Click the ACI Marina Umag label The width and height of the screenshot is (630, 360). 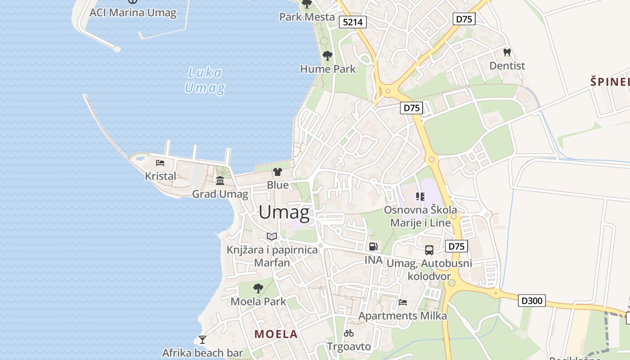coord(133,12)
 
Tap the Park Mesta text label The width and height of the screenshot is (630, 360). coord(307,17)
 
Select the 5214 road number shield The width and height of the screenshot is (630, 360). coord(353,22)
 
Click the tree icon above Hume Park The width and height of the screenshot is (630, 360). coord(328,56)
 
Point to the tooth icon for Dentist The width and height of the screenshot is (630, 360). coord(507,53)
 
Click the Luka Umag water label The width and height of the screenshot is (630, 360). coord(205,80)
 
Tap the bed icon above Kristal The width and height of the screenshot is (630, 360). coord(160,163)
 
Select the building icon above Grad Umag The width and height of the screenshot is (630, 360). coord(220,181)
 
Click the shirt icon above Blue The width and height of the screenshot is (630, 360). coord(278,172)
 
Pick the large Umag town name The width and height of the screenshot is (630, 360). coord(284,212)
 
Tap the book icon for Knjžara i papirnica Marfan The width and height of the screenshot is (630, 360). coord(271,236)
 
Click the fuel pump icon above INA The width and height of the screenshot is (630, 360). coord(373,247)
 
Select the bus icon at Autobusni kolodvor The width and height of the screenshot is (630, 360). coord(429,250)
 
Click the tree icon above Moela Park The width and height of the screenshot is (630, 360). coord(258,288)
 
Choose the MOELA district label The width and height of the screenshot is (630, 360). coord(276,334)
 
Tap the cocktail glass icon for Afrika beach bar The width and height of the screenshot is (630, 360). coord(202,339)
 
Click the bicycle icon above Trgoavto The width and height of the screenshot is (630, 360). coord(349,333)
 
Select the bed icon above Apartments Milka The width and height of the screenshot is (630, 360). coord(403,302)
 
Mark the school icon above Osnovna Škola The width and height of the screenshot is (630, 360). coord(420,196)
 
